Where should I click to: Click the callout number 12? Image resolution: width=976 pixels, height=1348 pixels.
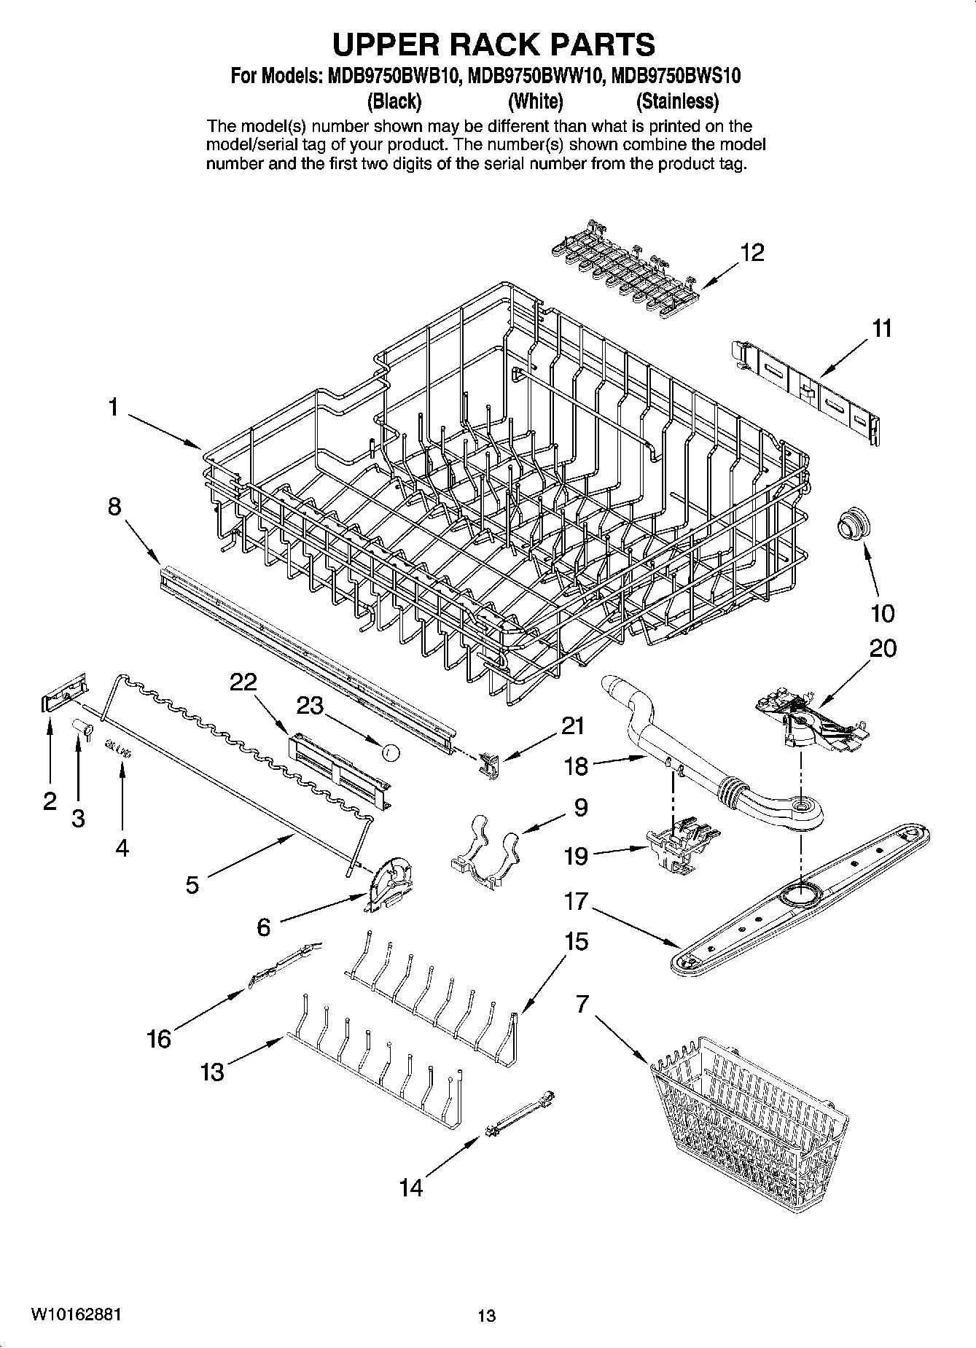point(752,253)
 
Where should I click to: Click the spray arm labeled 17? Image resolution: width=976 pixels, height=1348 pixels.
point(800,898)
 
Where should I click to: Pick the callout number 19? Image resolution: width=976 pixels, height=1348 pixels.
point(576,855)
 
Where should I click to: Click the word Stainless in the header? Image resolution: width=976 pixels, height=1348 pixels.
point(677,101)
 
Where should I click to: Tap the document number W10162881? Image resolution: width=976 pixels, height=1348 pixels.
point(75,1315)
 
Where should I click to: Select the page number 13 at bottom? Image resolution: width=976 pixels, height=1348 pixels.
point(487,1316)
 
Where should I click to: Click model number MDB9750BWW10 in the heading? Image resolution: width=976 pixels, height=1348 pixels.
point(536,76)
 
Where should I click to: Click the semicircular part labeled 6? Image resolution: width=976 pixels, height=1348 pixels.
point(389,885)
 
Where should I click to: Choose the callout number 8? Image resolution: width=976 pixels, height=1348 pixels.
point(114,506)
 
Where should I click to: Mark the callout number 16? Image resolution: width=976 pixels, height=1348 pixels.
point(159,1038)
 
